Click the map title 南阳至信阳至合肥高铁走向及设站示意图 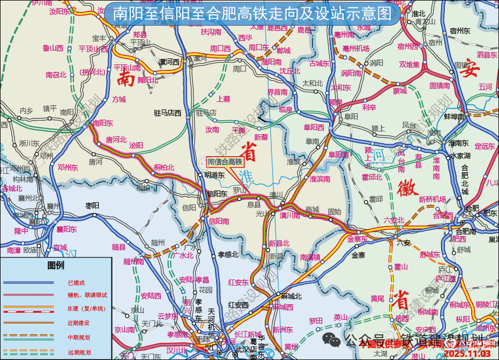coord(252,13)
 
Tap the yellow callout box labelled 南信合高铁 coord(225,161)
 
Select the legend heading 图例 coord(56,265)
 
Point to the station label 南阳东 coord(103,123)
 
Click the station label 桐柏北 coord(164,167)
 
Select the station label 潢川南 coord(289,216)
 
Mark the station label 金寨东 coord(358,239)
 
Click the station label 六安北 coord(394,220)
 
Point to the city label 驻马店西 coord(168,113)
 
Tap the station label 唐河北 coord(116,139)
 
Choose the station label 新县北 coord(279,243)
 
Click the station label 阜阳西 coord(314,127)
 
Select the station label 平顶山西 coord(93,48)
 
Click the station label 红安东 coord(238,282)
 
